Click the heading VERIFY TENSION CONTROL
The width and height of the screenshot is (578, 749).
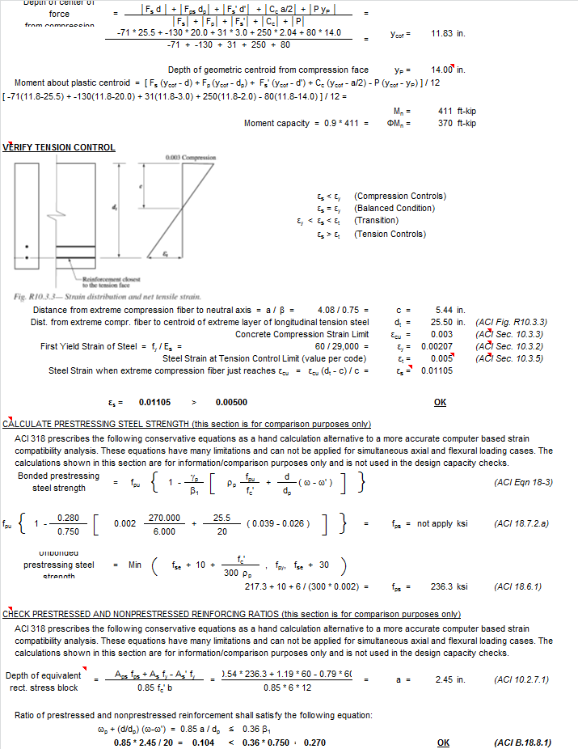pos(59,147)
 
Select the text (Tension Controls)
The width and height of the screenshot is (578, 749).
pos(390,234)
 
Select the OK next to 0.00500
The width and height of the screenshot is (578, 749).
pos(440,402)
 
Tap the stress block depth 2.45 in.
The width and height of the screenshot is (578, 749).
pos(449,680)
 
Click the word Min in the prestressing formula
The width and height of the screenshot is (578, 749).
pos(135,565)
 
